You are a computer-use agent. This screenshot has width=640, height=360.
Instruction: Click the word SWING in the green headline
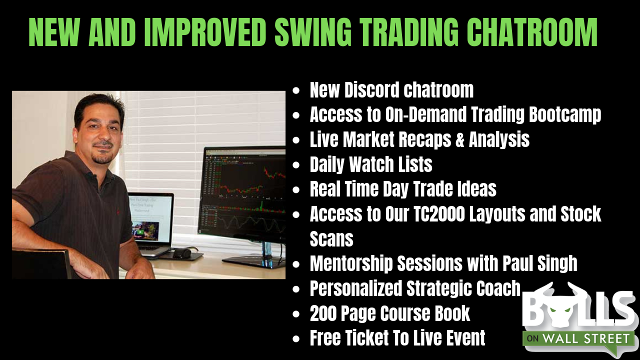[313, 32]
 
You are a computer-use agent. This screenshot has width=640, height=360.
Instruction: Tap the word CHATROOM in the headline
[532, 32]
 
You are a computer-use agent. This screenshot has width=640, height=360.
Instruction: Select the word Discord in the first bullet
[371, 90]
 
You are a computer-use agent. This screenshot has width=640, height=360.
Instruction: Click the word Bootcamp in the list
[565, 115]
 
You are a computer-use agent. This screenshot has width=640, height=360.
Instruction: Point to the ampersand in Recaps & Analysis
[459, 139]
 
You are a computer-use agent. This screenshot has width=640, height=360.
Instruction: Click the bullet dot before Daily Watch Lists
[296, 165]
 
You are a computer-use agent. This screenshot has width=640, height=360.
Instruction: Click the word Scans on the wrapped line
[331, 238]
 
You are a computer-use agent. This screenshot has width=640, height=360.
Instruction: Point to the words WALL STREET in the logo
[585, 339]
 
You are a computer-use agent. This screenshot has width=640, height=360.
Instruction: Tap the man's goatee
[102, 158]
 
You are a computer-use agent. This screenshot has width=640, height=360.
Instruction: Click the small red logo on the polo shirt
[118, 211]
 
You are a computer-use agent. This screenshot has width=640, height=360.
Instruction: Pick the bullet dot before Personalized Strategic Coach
[296, 289]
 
